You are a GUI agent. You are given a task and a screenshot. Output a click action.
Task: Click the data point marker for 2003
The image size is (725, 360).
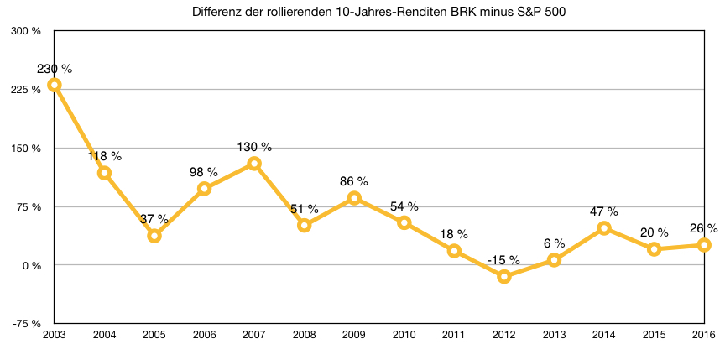(x=55, y=85)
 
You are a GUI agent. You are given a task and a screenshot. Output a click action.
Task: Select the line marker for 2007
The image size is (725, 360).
(x=254, y=164)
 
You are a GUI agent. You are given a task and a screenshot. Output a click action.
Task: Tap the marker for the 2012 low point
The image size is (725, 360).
(x=504, y=276)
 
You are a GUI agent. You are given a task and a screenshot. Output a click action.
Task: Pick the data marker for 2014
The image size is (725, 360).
(x=604, y=228)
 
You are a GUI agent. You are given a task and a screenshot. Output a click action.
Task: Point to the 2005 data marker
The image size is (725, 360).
(x=154, y=236)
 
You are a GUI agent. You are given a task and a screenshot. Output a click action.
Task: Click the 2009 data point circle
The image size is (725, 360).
(x=354, y=198)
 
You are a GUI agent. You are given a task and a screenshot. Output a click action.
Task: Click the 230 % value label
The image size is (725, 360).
(x=55, y=69)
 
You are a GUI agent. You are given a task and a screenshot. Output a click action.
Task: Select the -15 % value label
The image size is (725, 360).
(x=503, y=260)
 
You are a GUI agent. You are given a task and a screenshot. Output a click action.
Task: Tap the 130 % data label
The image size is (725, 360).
(x=254, y=147)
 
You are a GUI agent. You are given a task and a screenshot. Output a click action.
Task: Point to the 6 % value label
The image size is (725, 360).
(x=554, y=243)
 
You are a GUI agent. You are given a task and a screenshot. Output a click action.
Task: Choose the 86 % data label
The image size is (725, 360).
(x=354, y=181)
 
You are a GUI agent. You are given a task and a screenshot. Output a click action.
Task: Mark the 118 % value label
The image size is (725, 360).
(x=105, y=156)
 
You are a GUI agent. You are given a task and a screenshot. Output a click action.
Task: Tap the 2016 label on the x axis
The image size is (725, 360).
(x=703, y=336)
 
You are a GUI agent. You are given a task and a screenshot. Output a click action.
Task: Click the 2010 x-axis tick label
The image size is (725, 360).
(x=404, y=336)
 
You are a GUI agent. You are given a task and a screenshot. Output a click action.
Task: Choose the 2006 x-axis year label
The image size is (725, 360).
(x=204, y=336)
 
